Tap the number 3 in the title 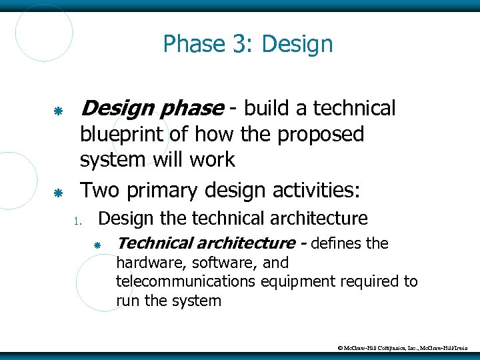239,45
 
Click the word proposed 321,135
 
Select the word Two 99,191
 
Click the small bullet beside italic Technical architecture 97,246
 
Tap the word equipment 301,281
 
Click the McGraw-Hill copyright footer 403,347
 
